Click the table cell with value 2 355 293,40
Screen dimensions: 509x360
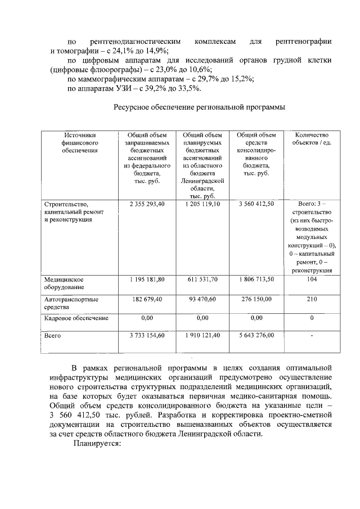pos(146,204)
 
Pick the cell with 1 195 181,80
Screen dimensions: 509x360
pos(146,279)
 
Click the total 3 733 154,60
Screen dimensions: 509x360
pos(146,336)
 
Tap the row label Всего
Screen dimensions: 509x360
pos(52,336)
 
